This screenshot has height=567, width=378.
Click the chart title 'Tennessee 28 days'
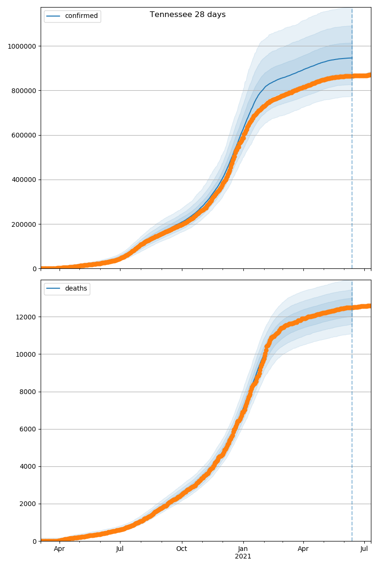tap(188, 15)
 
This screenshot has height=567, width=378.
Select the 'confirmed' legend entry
tap(81, 16)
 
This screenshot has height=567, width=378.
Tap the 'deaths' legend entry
tap(76, 289)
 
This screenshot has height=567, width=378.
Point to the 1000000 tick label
tap(22, 46)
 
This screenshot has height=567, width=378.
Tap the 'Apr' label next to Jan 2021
tap(303, 549)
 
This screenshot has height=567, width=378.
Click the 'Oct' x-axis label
tap(181, 549)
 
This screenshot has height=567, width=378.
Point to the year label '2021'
tap(243, 557)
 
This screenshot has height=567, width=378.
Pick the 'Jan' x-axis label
tap(243, 549)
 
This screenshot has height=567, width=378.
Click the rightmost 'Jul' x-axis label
tap(364, 549)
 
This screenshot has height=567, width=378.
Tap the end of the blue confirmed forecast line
tap(352, 58)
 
